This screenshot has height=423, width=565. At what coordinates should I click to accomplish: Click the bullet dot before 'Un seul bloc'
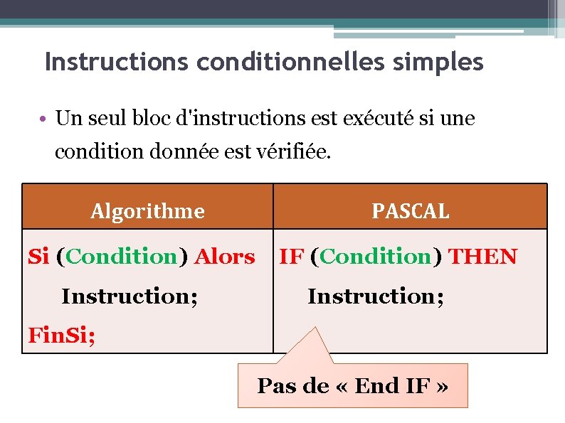coord(44,119)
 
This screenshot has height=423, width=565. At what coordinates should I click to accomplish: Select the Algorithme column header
coord(147,211)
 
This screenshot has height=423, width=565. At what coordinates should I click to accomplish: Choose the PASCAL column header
coord(411,211)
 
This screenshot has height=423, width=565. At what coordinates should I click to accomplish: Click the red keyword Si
coord(38,256)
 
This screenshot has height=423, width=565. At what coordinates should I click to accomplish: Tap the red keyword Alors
coord(224,256)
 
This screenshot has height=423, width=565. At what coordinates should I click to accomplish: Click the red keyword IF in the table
coord(291,256)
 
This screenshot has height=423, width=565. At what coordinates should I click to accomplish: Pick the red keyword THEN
coord(483,256)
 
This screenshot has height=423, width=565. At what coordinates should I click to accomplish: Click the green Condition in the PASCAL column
coord(376,256)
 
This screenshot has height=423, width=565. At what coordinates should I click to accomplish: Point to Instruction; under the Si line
coord(130,295)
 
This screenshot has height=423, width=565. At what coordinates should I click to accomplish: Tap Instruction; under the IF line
coord(376,295)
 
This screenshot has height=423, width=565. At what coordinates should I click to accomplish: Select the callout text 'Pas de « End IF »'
coord(352,386)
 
